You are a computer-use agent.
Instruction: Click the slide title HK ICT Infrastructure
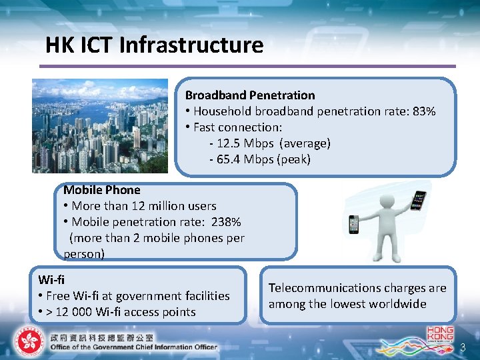point(154,45)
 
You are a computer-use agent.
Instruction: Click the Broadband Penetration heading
point(250,95)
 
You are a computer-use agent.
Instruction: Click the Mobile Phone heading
point(101,190)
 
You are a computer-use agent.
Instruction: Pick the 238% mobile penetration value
point(225,222)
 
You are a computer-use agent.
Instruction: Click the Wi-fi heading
point(51,279)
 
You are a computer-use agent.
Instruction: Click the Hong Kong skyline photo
point(100,125)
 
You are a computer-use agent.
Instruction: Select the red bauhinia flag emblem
point(27,342)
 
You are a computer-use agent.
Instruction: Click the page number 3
point(463,347)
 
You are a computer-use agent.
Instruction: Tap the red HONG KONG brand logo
point(439,333)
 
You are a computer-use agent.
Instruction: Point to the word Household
point(221,111)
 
